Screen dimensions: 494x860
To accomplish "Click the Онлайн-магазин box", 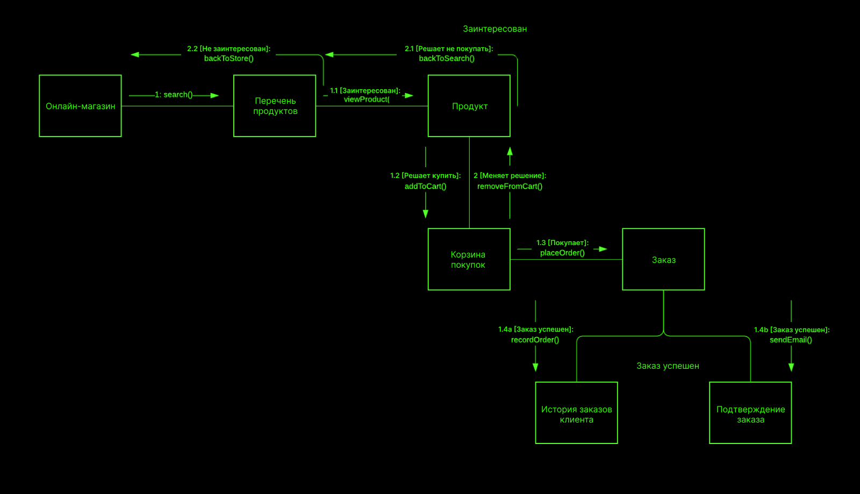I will [80, 106].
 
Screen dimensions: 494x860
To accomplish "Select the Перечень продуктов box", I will [275, 106].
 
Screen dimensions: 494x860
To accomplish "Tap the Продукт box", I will [469, 106].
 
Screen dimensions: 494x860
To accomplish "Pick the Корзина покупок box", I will [469, 259].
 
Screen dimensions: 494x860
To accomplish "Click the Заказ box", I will [663, 259].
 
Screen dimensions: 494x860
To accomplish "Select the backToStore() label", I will [228, 58].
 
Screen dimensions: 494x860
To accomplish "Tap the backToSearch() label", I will [447, 58].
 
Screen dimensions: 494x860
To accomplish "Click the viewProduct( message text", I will [367, 99].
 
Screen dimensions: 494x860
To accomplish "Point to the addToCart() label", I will [425, 186].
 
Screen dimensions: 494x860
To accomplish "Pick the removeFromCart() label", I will [510, 186].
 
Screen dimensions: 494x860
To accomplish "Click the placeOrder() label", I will [562, 253].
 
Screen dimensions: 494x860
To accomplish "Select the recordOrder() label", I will [535, 340].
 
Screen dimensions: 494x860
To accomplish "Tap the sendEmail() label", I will [791, 340].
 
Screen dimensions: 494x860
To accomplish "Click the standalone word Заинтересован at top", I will [494, 29].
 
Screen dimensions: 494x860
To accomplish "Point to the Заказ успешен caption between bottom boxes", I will [668, 366].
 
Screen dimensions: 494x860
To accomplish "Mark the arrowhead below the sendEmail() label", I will [791, 367].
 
